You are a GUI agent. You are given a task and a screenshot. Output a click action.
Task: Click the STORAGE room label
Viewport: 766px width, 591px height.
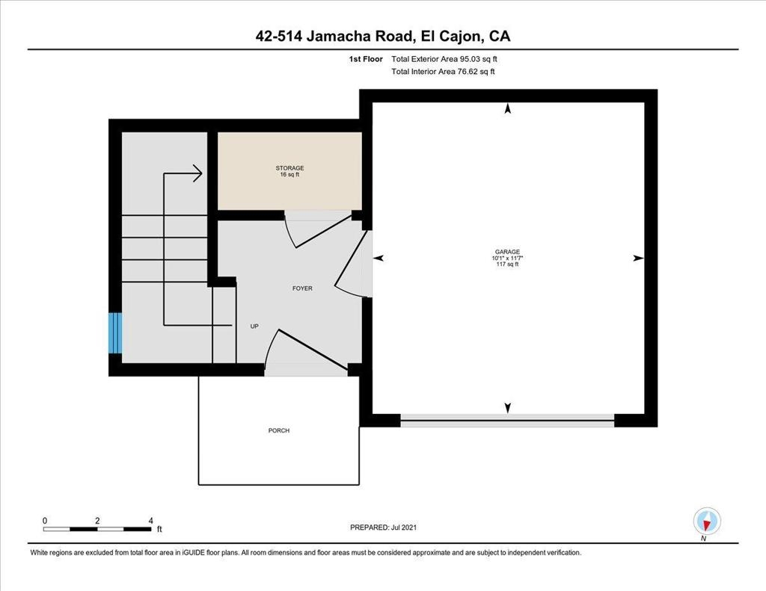(289, 168)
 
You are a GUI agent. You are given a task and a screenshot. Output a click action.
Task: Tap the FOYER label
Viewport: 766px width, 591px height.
(302, 288)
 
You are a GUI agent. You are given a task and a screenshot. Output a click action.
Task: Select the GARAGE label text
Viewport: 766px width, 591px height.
(507, 252)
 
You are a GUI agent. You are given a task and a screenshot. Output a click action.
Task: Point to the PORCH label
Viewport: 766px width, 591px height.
(279, 430)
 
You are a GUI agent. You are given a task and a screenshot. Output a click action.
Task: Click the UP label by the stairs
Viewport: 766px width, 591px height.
(254, 326)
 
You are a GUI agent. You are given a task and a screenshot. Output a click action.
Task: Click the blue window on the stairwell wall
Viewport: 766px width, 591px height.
(114, 332)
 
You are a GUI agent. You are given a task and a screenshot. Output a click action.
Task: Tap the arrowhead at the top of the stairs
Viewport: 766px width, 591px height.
(197, 173)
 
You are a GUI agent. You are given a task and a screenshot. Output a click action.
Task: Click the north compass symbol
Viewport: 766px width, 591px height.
(707, 522)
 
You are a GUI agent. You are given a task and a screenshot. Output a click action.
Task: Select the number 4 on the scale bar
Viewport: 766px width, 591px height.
(151, 521)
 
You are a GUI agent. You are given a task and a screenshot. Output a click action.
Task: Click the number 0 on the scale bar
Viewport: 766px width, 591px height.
(45, 521)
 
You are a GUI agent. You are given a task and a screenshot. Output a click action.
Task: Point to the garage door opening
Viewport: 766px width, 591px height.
(507, 421)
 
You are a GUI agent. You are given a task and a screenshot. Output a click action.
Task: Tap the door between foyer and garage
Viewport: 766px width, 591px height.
(351, 264)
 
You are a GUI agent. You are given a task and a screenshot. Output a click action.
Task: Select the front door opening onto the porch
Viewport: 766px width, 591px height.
(305, 350)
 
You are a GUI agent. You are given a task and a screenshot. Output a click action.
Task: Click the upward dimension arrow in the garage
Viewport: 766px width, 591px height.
(508, 108)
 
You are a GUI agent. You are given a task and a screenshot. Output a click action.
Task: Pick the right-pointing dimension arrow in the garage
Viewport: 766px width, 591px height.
(639, 259)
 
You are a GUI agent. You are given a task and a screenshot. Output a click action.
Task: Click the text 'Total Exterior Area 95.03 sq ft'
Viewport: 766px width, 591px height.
(444, 59)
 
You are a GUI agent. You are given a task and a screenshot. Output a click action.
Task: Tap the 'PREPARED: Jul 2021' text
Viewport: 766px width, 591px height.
(384, 527)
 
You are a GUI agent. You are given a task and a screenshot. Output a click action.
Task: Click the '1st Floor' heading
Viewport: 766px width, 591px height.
(366, 59)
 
